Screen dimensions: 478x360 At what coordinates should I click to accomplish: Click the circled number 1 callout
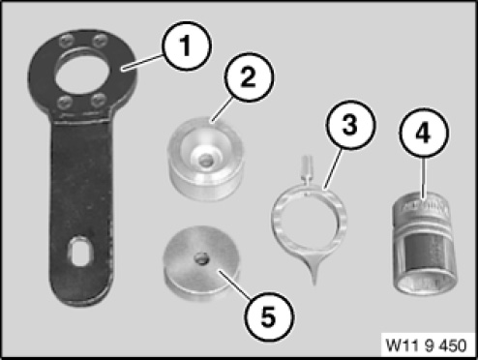[187, 45]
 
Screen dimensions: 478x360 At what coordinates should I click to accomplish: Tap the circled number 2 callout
[249, 77]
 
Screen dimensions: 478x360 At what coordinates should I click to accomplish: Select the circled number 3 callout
[350, 124]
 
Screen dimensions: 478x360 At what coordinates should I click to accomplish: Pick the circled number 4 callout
[424, 133]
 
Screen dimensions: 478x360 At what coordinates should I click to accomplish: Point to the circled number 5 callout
[269, 316]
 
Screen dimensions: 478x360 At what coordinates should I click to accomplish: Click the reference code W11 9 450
[426, 345]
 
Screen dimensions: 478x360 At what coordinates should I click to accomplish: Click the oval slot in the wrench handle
[79, 252]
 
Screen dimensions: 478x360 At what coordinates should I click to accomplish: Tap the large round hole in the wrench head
[81, 73]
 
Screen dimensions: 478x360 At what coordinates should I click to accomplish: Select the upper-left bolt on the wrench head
[66, 42]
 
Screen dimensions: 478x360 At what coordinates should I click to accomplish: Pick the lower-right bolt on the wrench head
[98, 100]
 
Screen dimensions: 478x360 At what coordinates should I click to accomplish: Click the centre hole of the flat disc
[201, 258]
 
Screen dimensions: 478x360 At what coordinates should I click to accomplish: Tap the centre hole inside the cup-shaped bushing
[205, 161]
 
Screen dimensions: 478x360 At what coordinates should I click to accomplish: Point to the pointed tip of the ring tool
[314, 284]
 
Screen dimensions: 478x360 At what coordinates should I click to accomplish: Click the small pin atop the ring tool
[306, 166]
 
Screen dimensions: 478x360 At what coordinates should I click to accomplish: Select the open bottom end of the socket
[425, 283]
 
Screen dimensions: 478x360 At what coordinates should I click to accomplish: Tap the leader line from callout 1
[142, 62]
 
